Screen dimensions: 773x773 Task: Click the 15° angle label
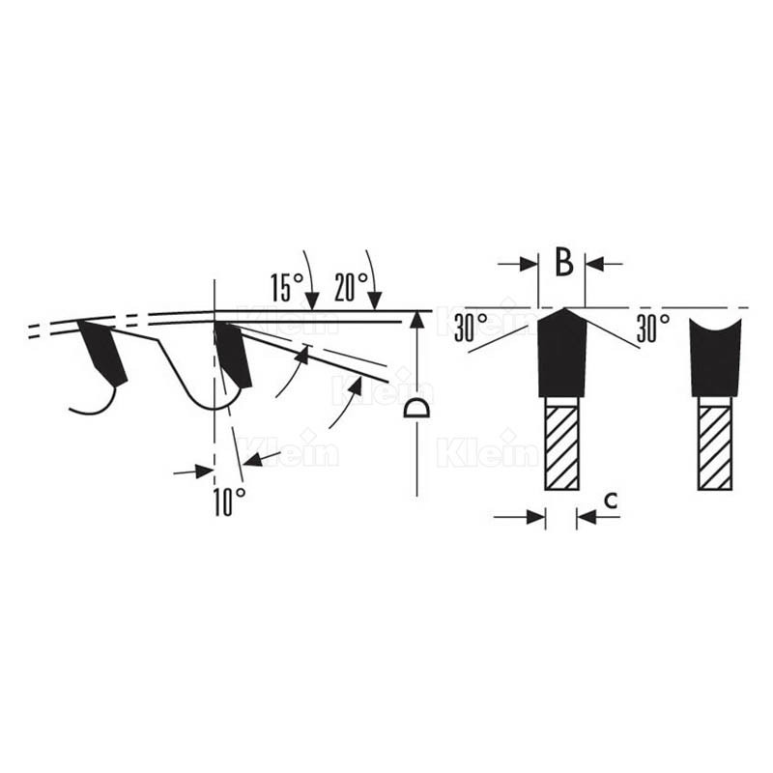(x=286, y=287)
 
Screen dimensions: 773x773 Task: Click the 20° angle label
(x=351, y=286)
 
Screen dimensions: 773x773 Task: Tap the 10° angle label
(x=229, y=502)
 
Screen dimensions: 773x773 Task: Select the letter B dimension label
(x=564, y=262)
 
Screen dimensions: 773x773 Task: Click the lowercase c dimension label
(x=611, y=501)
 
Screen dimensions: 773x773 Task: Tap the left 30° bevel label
(x=471, y=327)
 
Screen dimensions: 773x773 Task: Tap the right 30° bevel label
(x=653, y=328)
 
